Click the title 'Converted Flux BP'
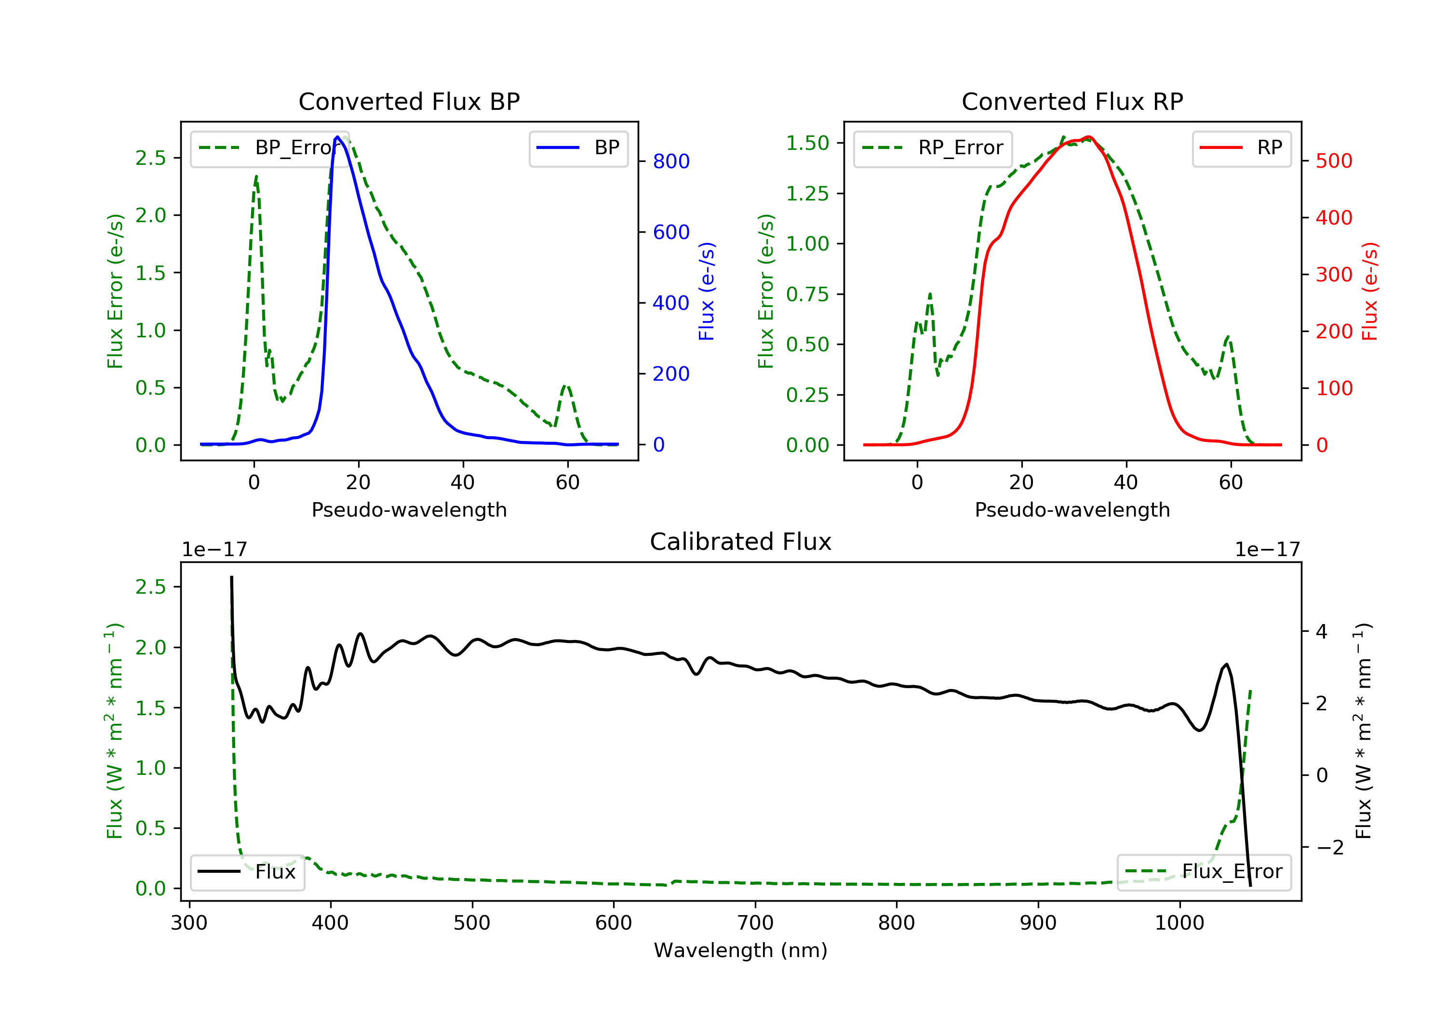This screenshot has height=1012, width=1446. pos(409,101)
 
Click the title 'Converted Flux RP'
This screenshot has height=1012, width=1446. pos(1072,101)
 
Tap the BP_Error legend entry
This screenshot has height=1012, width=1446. pos(265,148)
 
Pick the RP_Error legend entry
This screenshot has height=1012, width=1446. pos(933,148)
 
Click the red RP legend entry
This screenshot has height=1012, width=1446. pos(1241,148)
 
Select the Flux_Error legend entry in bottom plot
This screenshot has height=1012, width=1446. pos(1204,872)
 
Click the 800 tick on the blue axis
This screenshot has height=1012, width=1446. pos(671,162)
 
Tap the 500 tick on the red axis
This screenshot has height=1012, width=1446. pos(1334,161)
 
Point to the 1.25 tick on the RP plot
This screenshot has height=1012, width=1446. pos(807,193)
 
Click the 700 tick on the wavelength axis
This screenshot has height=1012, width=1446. pos(755,923)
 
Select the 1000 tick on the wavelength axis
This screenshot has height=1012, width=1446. pos(1179,923)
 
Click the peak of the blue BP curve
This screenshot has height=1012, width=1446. pos(337,137)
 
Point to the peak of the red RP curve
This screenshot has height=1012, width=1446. pos(1089,137)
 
